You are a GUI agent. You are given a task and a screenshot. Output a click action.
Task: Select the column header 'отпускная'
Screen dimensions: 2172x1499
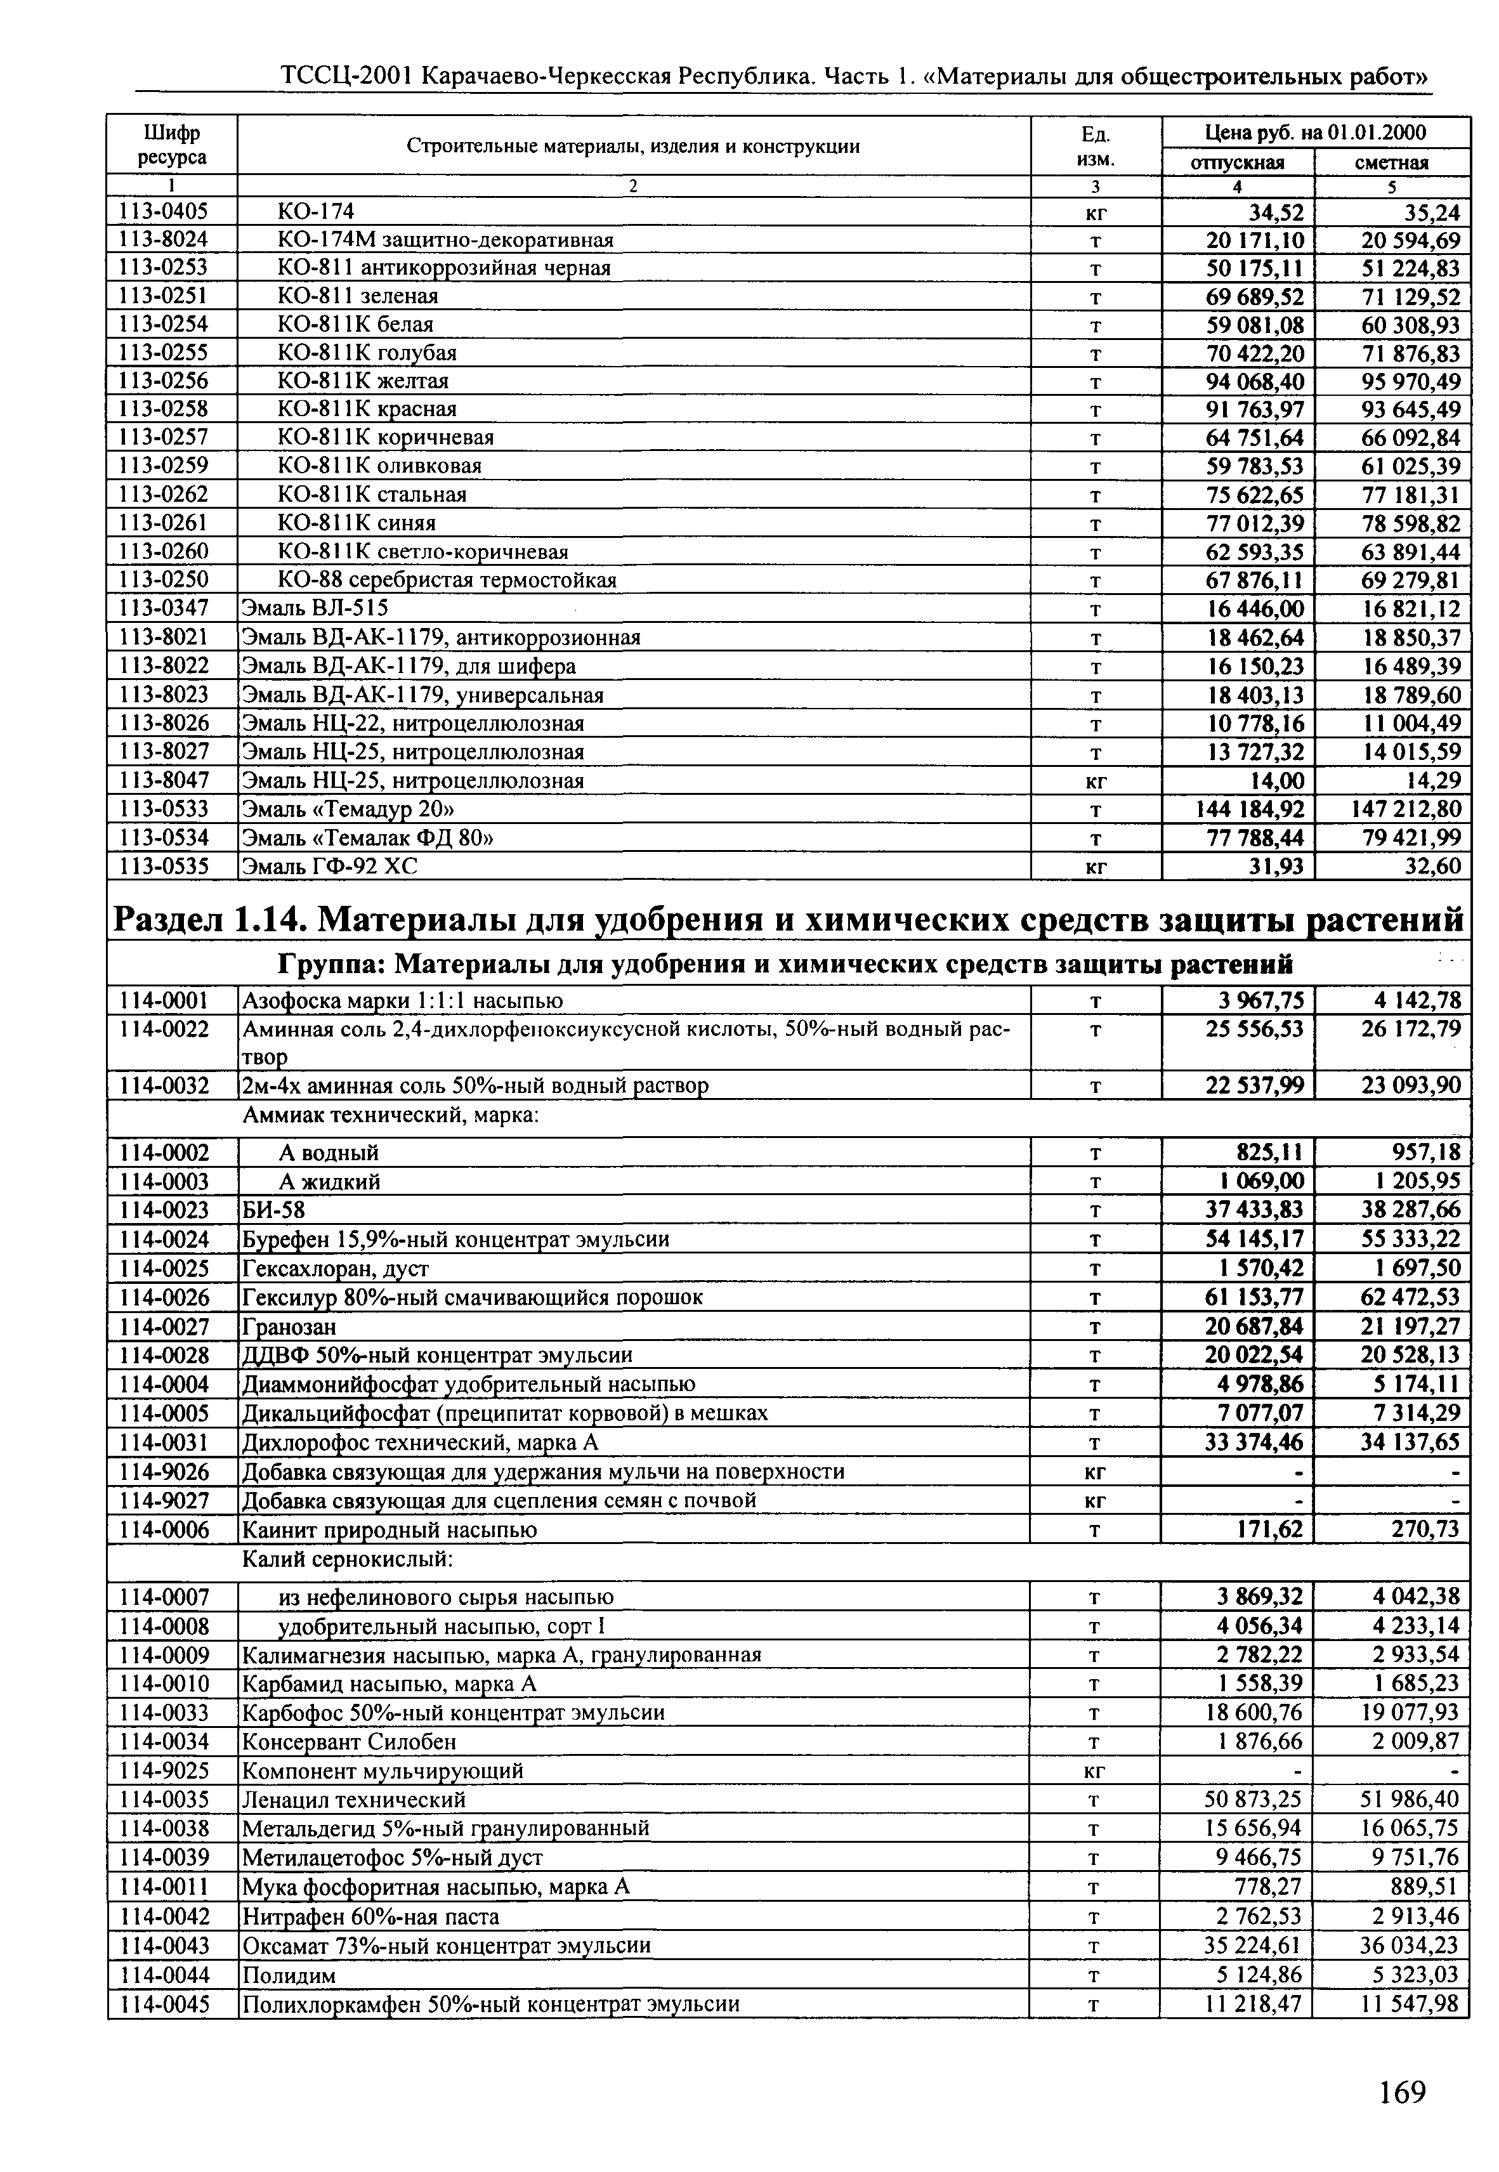click(1237, 162)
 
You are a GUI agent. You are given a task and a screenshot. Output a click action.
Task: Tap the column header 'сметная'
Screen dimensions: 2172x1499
click(1391, 162)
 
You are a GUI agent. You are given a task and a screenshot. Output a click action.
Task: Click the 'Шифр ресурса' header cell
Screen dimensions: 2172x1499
click(172, 145)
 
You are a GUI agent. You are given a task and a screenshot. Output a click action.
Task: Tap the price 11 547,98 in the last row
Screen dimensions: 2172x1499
click(1411, 2004)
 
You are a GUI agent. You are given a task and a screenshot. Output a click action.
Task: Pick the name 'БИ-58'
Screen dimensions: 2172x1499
click(273, 1210)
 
